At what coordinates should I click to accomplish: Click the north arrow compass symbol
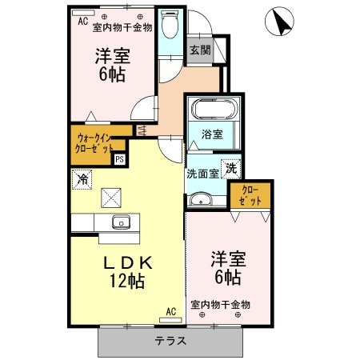coord(280,22)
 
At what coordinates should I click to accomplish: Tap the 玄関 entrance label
coord(199,50)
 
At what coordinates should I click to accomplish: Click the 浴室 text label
coord(212,135)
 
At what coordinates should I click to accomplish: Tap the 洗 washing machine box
coord(230,169)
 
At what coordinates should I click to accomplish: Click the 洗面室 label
coord(203,173)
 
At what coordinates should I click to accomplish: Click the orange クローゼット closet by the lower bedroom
coord(250,196)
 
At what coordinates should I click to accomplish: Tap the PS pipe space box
coord(120,159)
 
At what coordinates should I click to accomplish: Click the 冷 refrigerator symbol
coord(82,180)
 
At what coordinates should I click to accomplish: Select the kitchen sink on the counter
coord(122,222)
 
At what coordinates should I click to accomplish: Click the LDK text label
coord(126,262)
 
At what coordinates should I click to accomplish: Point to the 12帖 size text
coord(126,281)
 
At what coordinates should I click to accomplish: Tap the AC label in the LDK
coord(170,311)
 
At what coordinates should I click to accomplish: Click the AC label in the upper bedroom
coord(82,22)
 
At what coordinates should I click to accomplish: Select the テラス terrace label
coord(170,341)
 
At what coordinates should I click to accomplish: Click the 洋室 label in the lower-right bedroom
coord(228,258)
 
